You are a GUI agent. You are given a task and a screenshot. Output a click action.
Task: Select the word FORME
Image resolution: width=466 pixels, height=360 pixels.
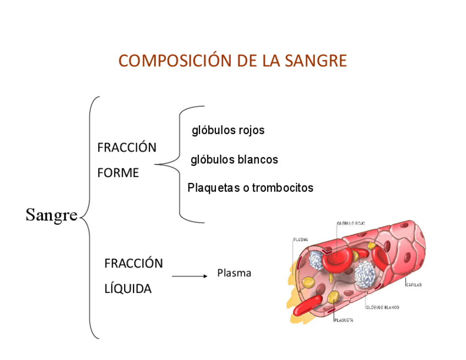click(x=118, y=173)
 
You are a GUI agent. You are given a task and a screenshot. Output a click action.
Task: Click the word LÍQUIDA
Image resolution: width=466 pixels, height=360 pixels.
click(x=127, y=289)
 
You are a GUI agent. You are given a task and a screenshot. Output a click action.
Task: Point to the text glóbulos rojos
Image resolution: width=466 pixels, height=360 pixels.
click(x=228, y=131)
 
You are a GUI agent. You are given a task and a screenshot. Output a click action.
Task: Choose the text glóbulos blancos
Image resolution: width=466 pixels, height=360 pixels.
click(x=234, y=160)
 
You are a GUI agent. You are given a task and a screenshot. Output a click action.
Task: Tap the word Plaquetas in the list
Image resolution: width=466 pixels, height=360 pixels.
click(x=212, y=188)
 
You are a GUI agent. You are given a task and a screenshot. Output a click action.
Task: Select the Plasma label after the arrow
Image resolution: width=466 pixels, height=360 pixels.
click(x=234, y=273)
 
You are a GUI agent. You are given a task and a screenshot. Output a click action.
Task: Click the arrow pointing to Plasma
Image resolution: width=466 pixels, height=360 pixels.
click(x=189, y=276)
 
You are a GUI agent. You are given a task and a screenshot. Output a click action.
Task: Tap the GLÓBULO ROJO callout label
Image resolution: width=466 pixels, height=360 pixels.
click(x=352, y=223)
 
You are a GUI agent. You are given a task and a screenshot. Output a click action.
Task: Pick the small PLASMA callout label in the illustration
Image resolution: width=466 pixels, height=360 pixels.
click(x=300, y=240)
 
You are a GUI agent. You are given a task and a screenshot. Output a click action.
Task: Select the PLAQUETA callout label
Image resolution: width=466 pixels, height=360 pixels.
click(x=343, y=320)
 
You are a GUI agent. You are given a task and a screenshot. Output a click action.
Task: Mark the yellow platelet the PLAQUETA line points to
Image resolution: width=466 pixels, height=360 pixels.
click(x=334, y=297)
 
